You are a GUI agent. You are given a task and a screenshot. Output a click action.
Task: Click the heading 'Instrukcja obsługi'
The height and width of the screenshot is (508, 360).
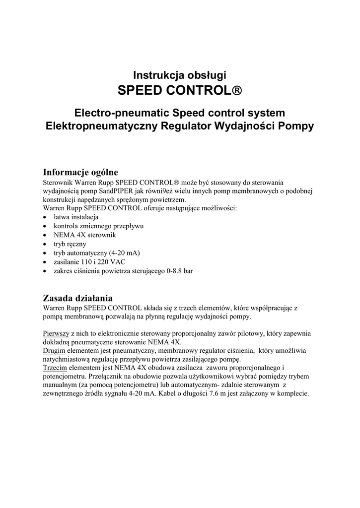(180, 75)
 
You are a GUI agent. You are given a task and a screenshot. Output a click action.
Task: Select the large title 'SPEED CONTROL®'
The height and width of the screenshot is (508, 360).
(180, 91)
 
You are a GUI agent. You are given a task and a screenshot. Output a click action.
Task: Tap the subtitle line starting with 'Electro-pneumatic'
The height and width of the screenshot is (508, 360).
(180, 113)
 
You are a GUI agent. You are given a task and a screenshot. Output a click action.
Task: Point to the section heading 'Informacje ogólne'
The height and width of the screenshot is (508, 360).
(80, 173)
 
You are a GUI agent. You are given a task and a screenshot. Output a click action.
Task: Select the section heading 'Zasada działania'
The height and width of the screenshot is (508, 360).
(78, 298)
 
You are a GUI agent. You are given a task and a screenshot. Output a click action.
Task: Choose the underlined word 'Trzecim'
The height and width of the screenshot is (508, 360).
(55, 368)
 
